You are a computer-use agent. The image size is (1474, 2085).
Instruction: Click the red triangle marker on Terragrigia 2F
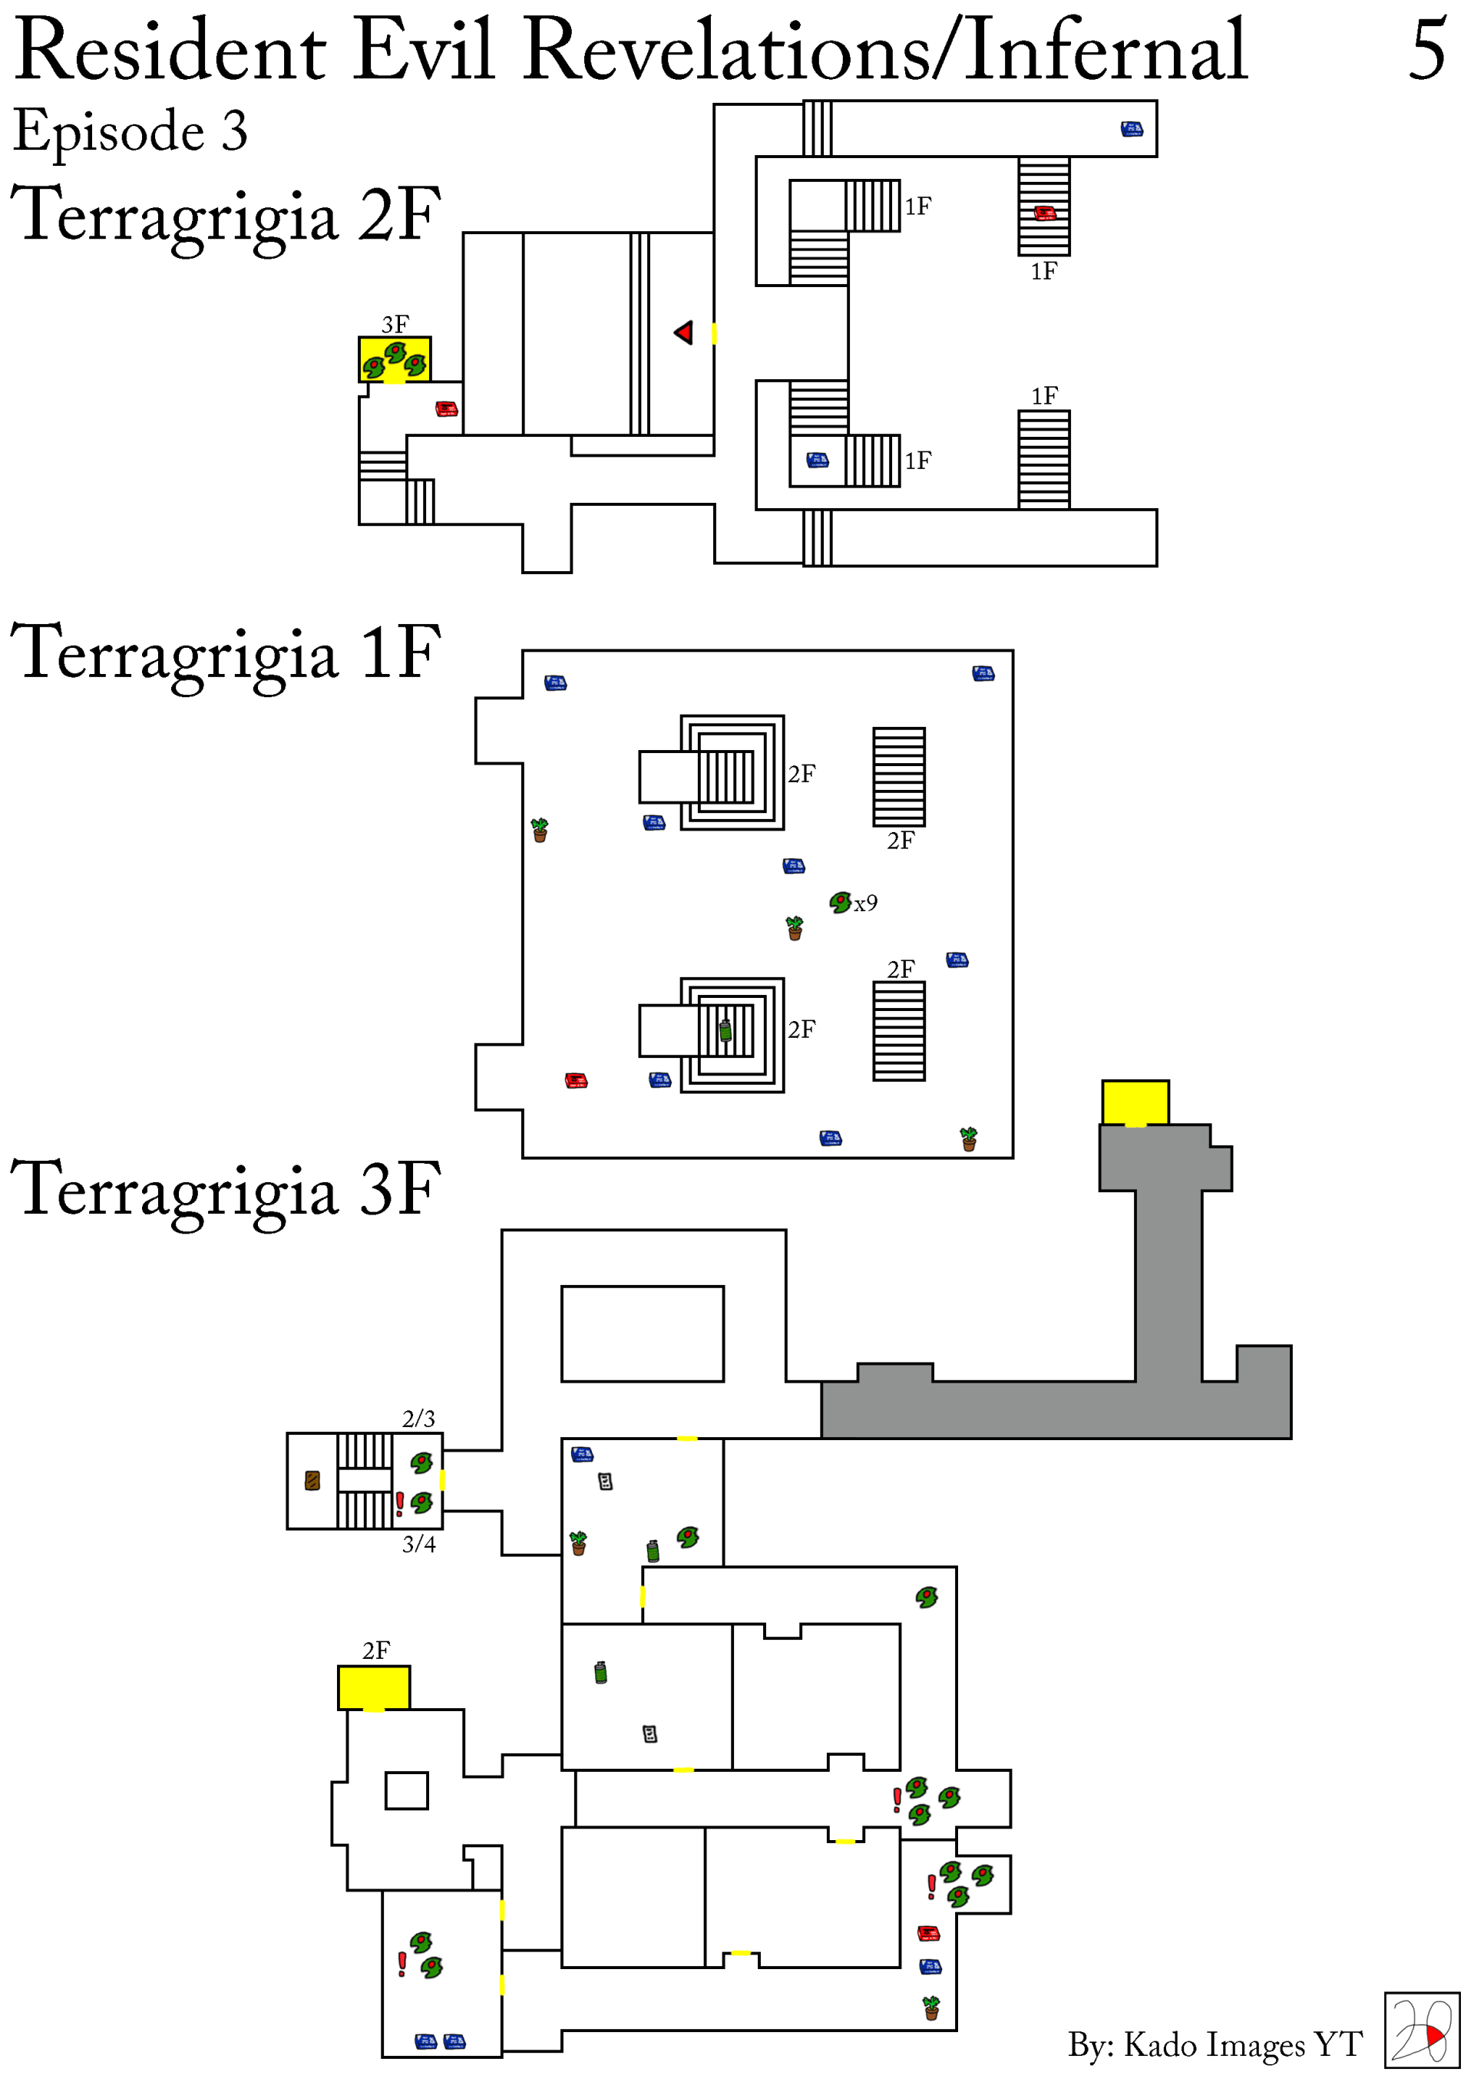pos(684,332)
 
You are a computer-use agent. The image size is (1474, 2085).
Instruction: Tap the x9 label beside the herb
pos(865,904)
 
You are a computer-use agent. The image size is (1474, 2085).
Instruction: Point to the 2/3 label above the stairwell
pos(418,1419)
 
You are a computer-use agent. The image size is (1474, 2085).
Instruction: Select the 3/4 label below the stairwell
pos(418,1545)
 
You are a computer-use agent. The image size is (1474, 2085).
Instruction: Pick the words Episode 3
pos(130,132)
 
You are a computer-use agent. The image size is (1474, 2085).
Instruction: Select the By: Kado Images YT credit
pos(1215,2044)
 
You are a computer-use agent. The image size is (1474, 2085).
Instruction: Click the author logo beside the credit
pos(1421,2030)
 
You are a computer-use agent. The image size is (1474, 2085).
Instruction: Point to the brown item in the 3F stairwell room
pos(312,1481)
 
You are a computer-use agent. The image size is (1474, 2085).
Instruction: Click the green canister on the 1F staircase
pos(725,1031)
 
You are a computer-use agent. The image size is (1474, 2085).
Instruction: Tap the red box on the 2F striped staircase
pos(1044,213)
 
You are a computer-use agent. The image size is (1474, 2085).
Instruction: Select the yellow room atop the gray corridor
pos(1135,1103)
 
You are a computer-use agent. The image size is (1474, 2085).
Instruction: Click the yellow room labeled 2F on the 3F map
pos(374,1688)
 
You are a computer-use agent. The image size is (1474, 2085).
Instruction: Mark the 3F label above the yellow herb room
pos(395,324)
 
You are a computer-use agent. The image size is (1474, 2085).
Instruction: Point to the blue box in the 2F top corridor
pos(1132,129)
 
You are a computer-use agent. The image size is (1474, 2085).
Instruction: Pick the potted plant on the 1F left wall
pos(540,830)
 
